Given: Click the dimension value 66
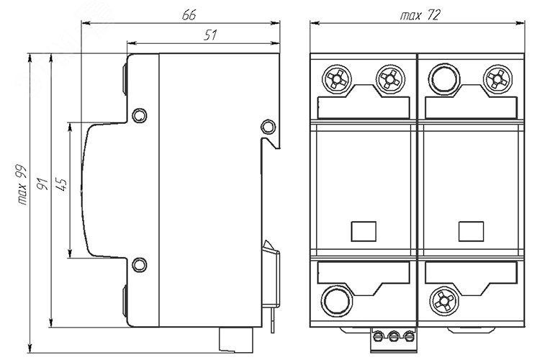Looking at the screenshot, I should click(x=189, y=14).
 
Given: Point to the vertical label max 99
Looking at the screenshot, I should click(x=21, y=186).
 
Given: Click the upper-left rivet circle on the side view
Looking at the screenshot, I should click(x=140, y=114).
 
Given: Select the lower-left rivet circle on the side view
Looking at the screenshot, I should click(x=140, y=264).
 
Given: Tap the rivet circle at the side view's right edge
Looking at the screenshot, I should click(x=267, y=127).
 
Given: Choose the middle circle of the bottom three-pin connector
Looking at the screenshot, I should click(x=393, y=335).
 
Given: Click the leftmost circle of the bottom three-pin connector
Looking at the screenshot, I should click(x=379, y=335).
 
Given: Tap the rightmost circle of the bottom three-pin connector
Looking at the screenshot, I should click(x=408, y=335).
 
